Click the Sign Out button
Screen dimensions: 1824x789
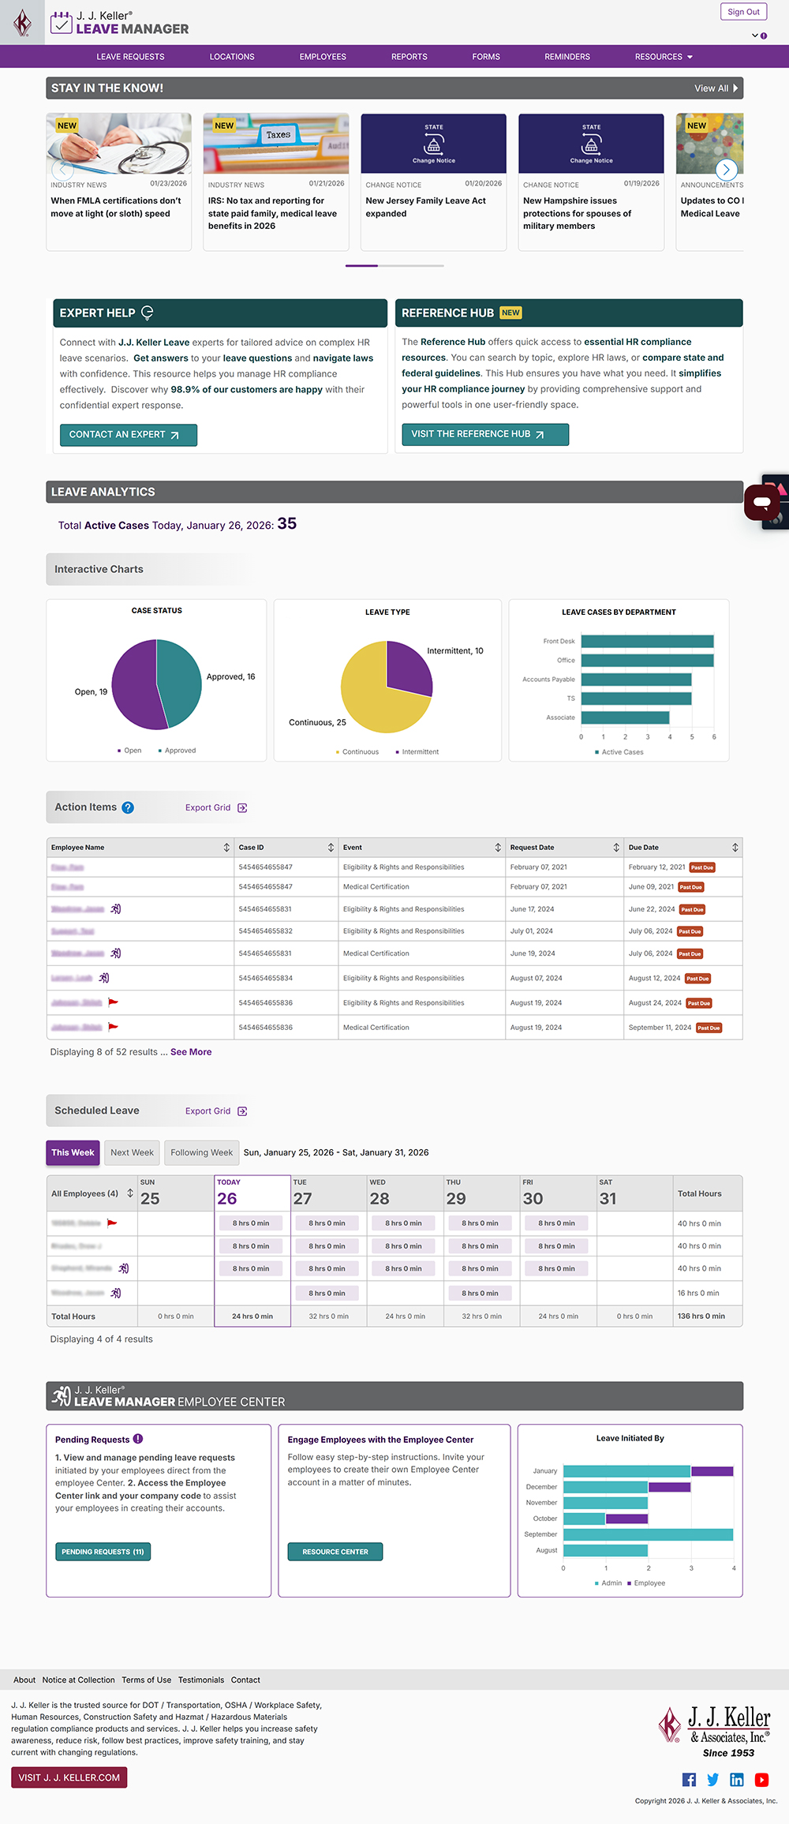tap(743, 12)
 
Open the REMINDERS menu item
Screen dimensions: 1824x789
tap(567, 57)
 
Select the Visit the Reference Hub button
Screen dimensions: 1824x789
tap(484, 434)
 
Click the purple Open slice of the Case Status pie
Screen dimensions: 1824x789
tap(134, 685)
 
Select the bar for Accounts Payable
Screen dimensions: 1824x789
tap(636, 680)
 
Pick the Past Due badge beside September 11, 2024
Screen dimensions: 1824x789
tap(709, 1028)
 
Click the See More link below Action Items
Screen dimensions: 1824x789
tap(191, 1052)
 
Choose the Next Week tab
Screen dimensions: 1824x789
tap(132, 1152)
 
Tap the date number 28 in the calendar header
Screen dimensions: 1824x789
tap(380, 1199)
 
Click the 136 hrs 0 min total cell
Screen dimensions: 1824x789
tap(701, 1316)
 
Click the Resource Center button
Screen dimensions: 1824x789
tap(335, 1552)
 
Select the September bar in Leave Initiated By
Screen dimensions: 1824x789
tap(648, 1534)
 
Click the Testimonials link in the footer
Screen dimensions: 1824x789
tap(201, 1680)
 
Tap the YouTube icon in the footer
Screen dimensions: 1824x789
tap(761, 1779)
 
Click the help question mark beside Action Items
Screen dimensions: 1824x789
tap(128, 807)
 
